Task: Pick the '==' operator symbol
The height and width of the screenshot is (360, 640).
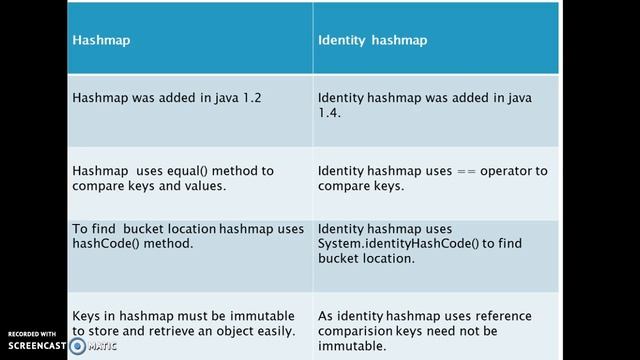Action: coord(469,171)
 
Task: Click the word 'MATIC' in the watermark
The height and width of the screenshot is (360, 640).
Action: coord(101,347)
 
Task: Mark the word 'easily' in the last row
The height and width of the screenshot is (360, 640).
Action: coord(273,330)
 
